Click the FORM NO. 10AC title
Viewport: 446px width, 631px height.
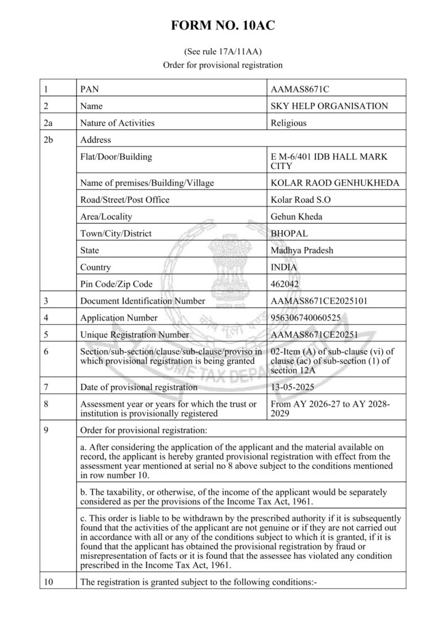click(222, 26)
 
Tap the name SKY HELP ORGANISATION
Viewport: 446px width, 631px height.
click(330, 106)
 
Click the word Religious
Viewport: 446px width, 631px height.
click(288, 123)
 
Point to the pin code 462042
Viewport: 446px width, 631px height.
click(285, 284)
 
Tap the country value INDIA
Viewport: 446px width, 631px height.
click(284, 267)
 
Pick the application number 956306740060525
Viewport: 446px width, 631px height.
click(309, 318)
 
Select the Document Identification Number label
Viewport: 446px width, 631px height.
click(142, 301)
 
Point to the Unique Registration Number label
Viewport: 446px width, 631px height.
click(135, 335)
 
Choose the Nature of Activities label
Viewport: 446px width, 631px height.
click(118, 123)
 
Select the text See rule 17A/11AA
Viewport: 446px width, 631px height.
click(222, 52)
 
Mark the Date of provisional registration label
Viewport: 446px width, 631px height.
click(139, 387)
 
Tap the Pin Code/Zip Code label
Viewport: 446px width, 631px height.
click(116, 284)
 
